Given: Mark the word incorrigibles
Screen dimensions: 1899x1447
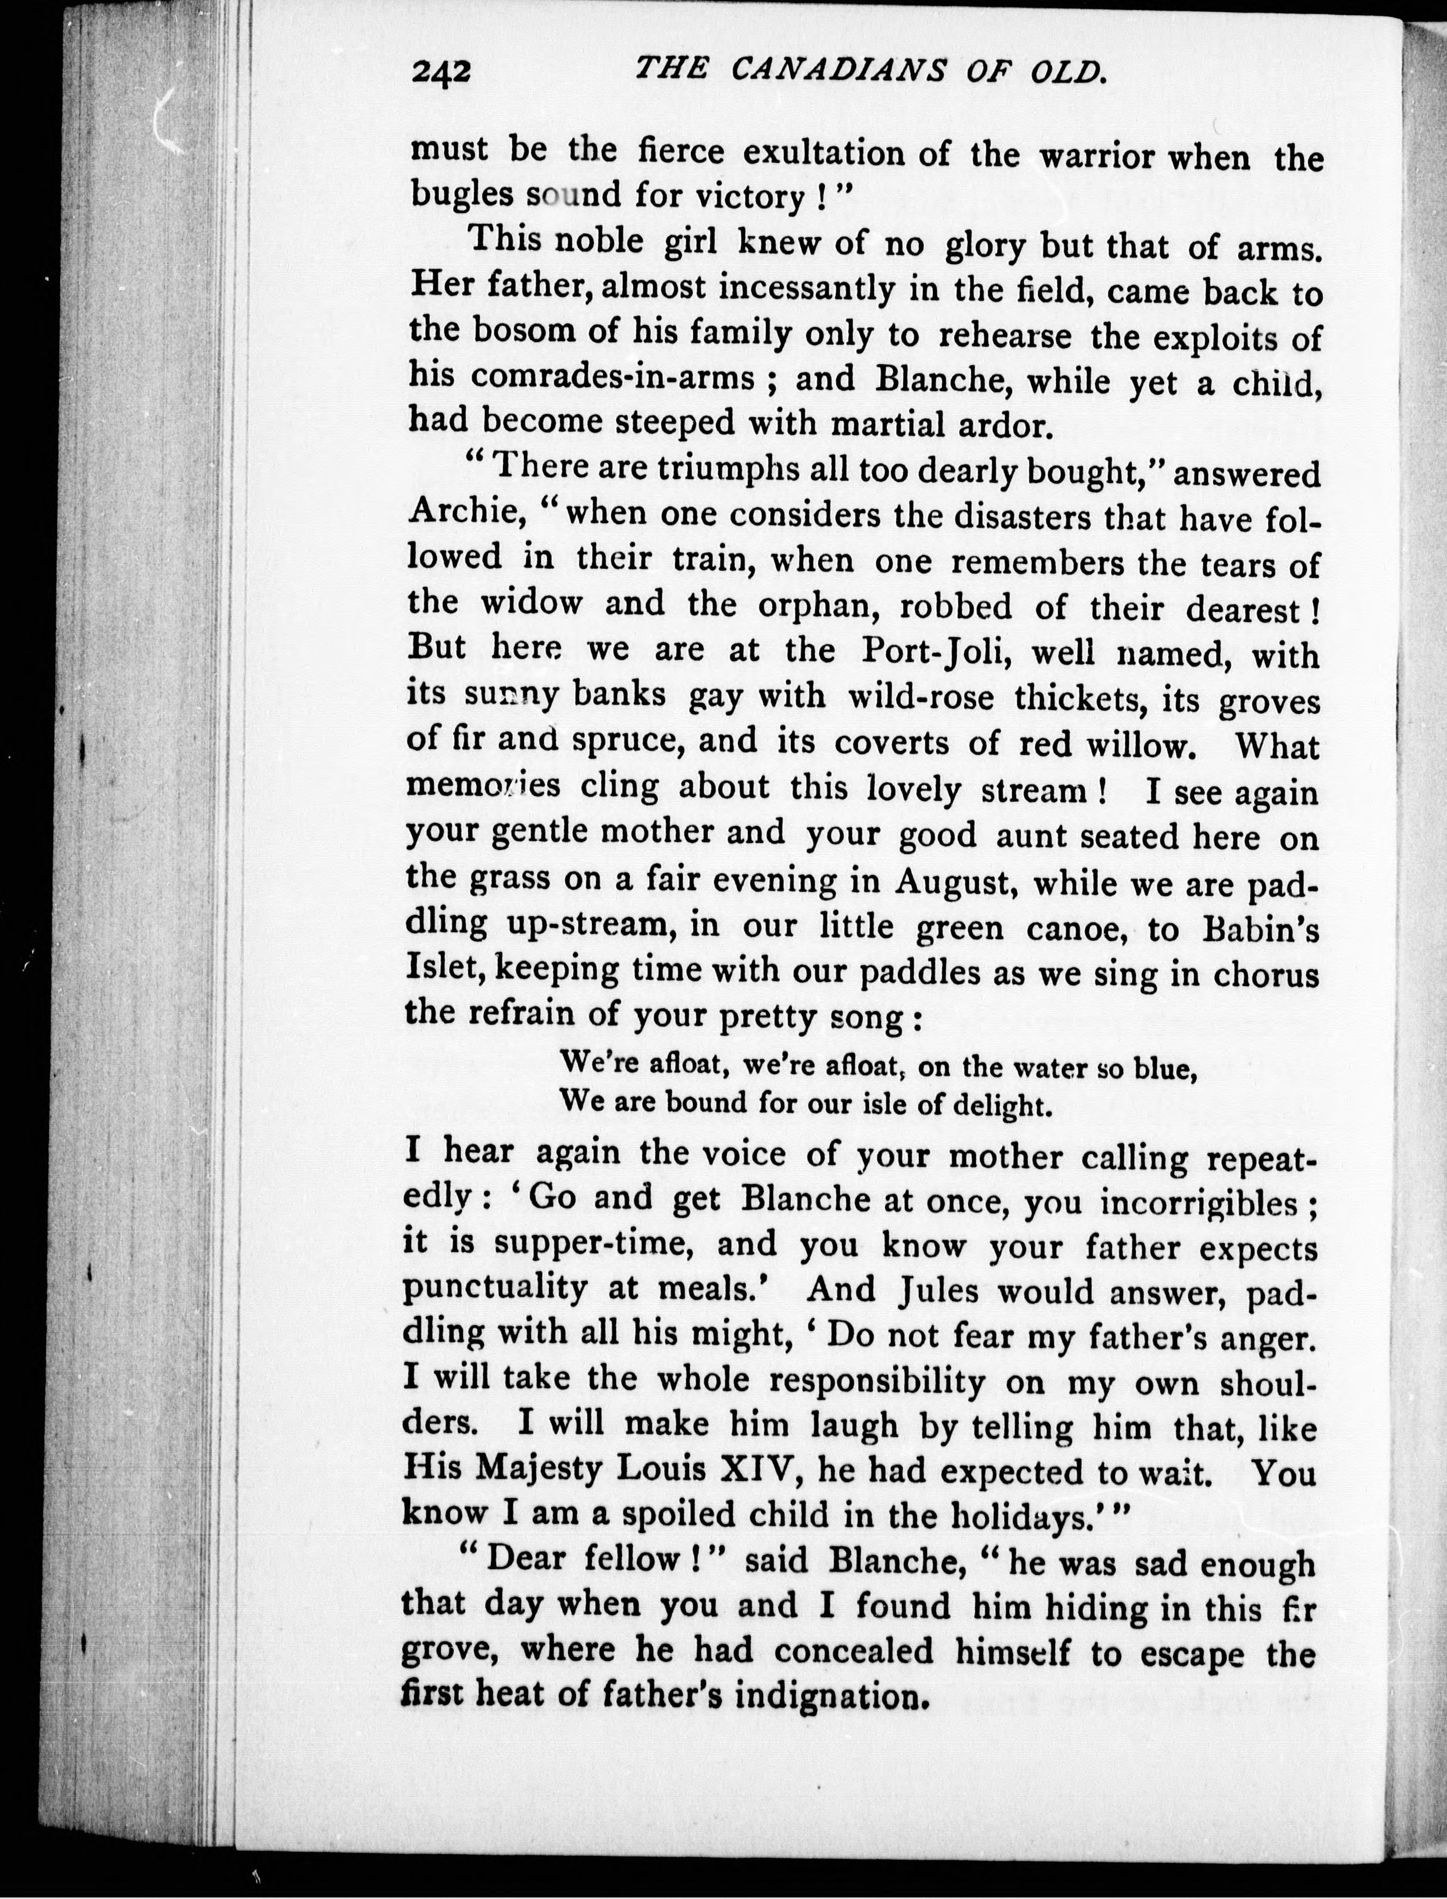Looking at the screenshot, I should pyautogui.click(x=1197, y=1202).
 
